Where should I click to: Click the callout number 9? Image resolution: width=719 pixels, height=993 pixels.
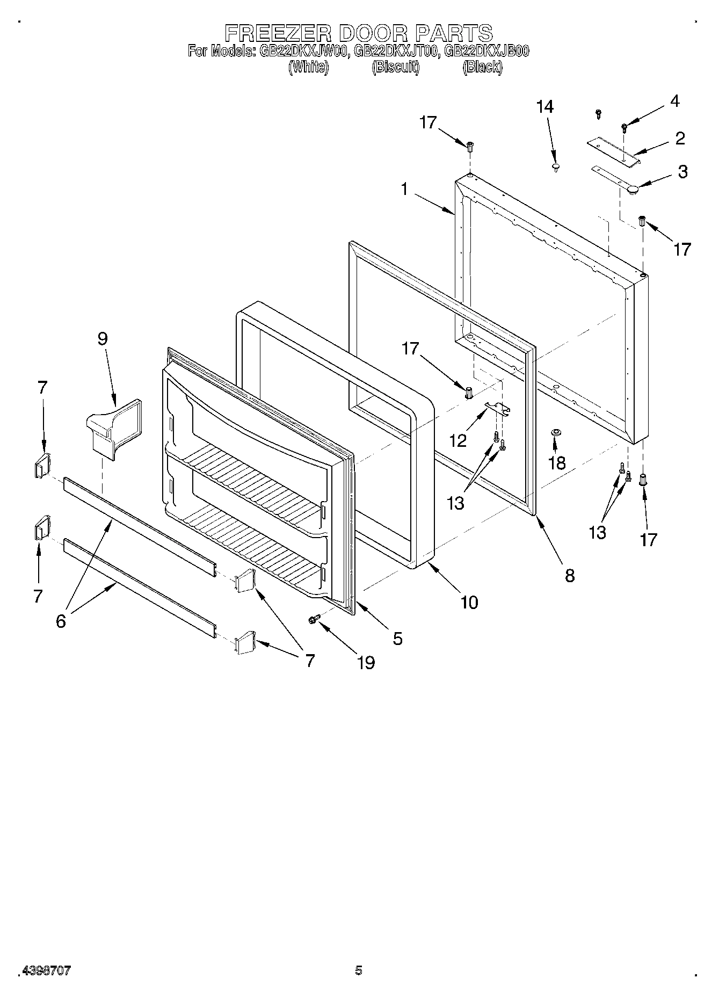(102, 339)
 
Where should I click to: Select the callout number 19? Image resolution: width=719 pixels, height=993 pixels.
(366, 663)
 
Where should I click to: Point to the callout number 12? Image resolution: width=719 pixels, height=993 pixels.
(458, 441)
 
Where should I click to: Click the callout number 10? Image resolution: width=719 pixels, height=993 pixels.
(469, 603)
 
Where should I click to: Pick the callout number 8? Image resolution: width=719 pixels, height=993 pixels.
(570, 576)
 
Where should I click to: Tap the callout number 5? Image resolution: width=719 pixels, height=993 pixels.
(397, 639)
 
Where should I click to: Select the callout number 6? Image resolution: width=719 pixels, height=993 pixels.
(61, 621)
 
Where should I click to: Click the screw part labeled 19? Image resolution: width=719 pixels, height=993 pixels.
(314, 620)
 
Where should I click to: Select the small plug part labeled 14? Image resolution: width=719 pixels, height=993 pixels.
(555, 168)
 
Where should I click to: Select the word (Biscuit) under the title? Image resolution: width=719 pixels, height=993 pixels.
(395, 68)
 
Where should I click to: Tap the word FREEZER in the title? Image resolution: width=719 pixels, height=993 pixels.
(278, 33)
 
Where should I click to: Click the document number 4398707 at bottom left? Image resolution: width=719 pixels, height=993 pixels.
(46, 970)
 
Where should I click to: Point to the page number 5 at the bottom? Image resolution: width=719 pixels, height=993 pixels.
(358, 970)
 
